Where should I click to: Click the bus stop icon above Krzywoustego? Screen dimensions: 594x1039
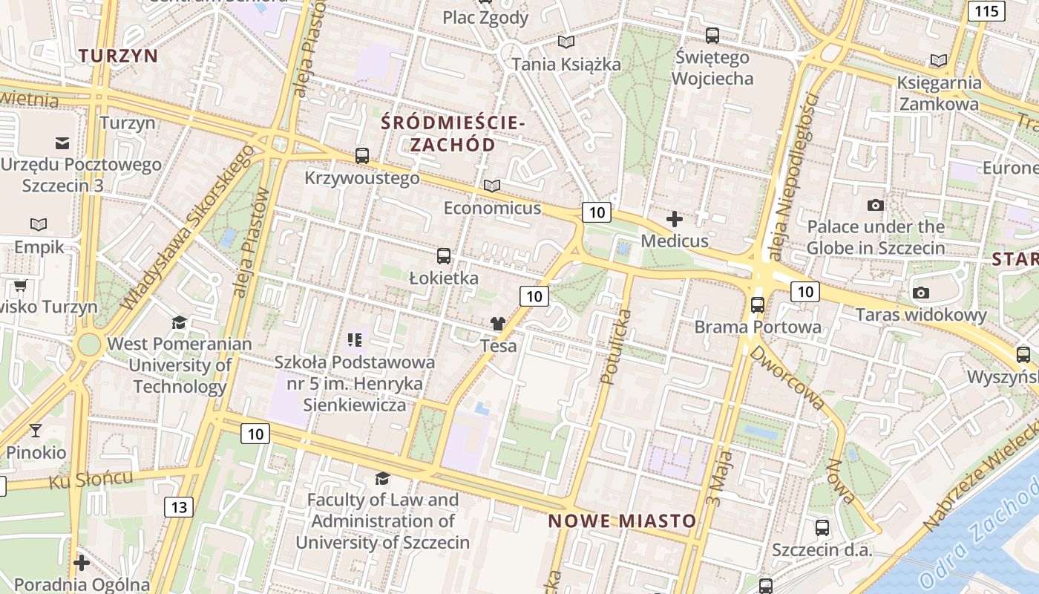(x=362, y=156)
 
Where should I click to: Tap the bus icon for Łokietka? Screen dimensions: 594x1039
(x=444, y=256)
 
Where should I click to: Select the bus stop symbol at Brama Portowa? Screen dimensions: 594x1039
(x=757, y=304)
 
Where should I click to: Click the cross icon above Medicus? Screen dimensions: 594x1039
(x=675, y=219)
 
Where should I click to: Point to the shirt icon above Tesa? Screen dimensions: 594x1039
(x=497, y=324)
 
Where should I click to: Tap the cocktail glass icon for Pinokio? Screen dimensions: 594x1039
(x=35, y=430)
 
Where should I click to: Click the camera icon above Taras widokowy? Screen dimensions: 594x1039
(x=921, y=293)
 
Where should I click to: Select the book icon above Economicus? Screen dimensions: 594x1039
(x=492, y=186)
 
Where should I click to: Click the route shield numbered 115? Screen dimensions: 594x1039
(x=986, y=10)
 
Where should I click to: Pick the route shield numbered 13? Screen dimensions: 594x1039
(x=178, y=507)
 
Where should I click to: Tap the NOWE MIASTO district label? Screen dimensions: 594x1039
(x=622, y=521)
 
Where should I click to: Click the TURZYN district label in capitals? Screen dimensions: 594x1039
(x=119, y=56)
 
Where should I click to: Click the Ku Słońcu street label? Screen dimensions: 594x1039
(x=91, y=479)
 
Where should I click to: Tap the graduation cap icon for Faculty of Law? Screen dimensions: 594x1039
(x=382, y=478)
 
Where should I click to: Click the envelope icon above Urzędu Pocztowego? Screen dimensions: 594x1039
(x=62, y=143)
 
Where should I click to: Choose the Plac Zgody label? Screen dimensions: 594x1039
(x=485, y=18)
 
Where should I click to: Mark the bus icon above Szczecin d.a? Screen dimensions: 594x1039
(x=822, y=528)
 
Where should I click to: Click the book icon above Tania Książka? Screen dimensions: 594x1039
(x=566, y=42)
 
